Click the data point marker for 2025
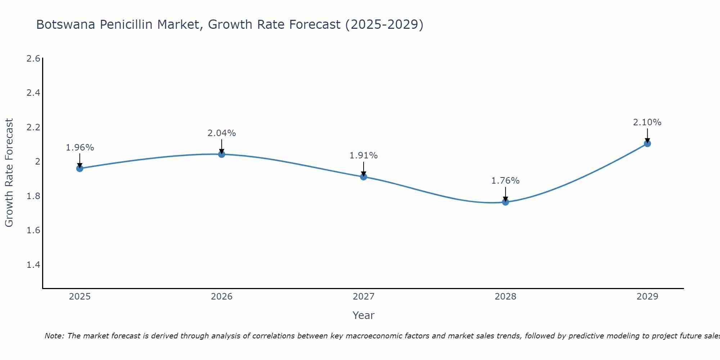(x=80, y=168)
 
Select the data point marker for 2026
(x=222, y=154)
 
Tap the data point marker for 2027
(x=364, y=176)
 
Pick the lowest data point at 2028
(x=505, y=202)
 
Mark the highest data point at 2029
(x=647, y=143)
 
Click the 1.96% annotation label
(x=80, y=148)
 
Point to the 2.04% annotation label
(x=222, y=133)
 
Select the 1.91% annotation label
(x=364, y=156)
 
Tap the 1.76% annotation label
(x=505, y=181)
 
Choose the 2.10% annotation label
(x=647, y=122)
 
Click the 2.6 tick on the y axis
(x=33, y=58)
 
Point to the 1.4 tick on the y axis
(x=33, y=265)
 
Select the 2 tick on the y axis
(x=37, y=162)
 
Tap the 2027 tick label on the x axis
(x=364, y=297)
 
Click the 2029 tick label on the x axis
(x=647, y=297)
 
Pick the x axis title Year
(x=364, y=315)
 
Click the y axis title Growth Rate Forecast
(x=9, y=173)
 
